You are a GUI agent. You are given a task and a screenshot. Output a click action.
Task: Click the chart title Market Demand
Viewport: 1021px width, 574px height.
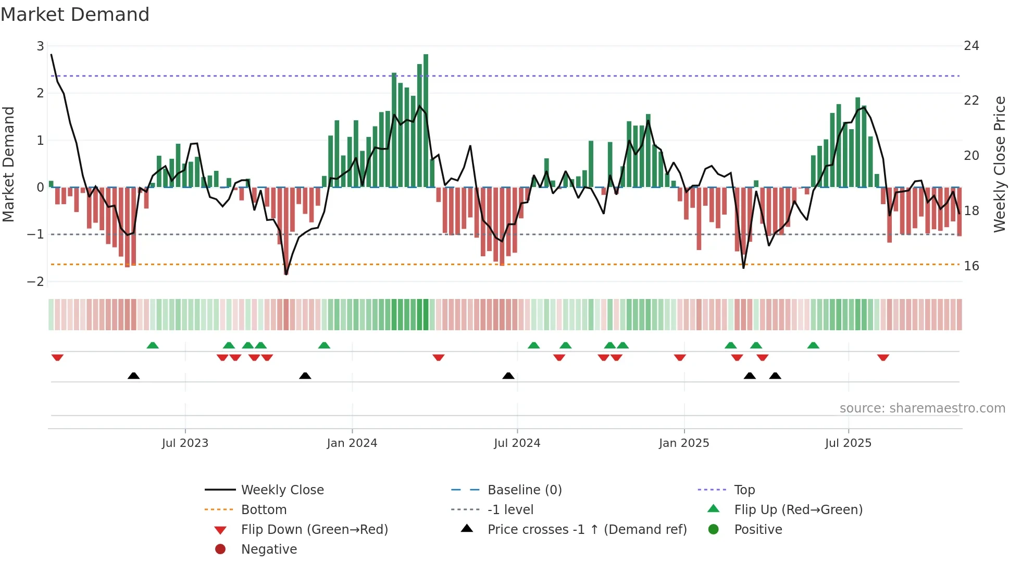click(x=75, y=15)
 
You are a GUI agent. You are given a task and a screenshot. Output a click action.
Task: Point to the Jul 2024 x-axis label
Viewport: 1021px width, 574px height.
click(x=517, y=443)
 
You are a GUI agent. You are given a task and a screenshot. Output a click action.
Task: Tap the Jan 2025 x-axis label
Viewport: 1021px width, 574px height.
click(x=683, y=443)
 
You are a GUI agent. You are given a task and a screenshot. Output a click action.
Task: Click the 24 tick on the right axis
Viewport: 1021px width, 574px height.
click(x=971, y=46)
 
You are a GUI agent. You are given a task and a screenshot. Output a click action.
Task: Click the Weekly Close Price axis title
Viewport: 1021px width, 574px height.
click(x=999, y=164)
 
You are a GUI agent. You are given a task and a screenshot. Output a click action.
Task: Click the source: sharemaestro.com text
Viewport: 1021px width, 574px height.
click(x=922, y=408)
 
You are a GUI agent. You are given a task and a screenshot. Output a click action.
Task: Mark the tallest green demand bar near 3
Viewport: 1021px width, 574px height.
click(x=426, y=120)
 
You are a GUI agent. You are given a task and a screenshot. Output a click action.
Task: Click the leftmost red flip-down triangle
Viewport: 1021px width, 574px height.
click(x=57, y=357)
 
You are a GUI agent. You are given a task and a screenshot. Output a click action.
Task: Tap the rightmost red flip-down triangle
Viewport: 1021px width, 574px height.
click(x=882, y=357)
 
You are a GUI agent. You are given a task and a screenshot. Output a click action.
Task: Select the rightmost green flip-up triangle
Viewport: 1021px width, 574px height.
click(x=813, y=345)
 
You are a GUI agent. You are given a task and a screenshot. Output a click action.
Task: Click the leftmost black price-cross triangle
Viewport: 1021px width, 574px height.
click(x=133, y=376)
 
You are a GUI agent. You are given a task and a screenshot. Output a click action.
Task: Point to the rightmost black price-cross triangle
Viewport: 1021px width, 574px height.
click(x=775, y=376)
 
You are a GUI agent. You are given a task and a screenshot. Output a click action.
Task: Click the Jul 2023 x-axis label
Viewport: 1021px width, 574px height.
click(x=185, y=443)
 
